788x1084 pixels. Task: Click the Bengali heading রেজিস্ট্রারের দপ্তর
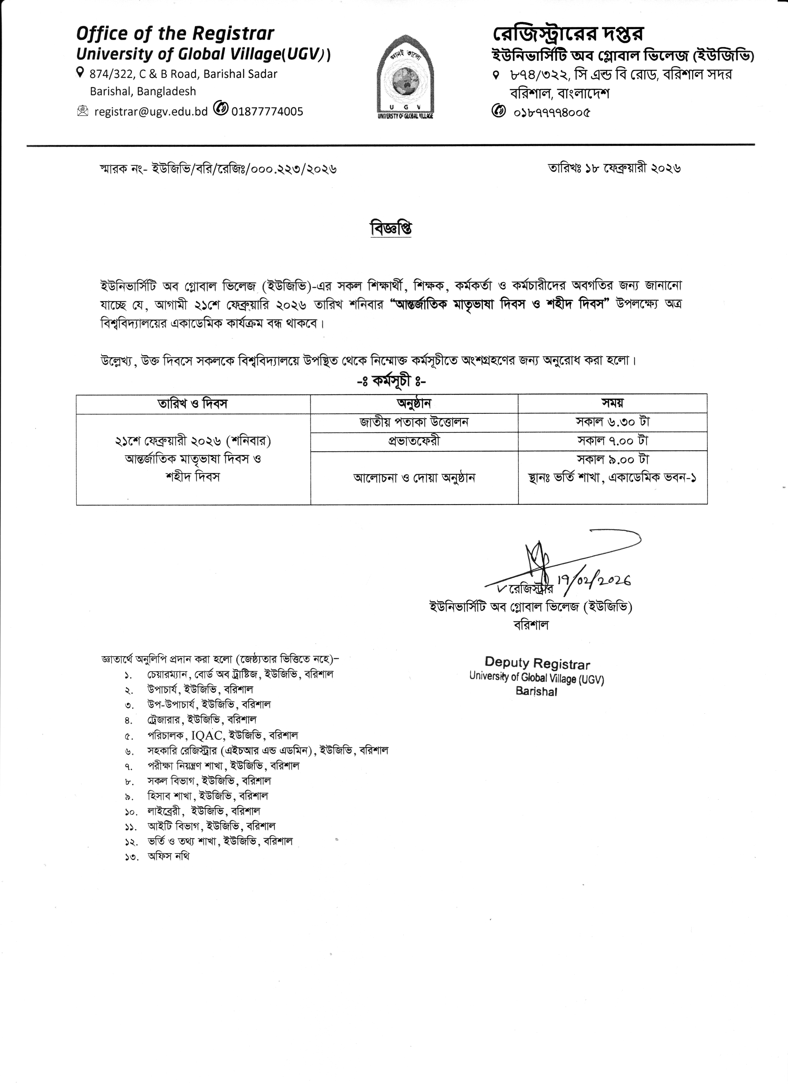coord(568,33)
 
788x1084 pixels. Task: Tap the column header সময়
coord(612,403)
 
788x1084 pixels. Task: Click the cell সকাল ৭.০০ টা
coord(612,441)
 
